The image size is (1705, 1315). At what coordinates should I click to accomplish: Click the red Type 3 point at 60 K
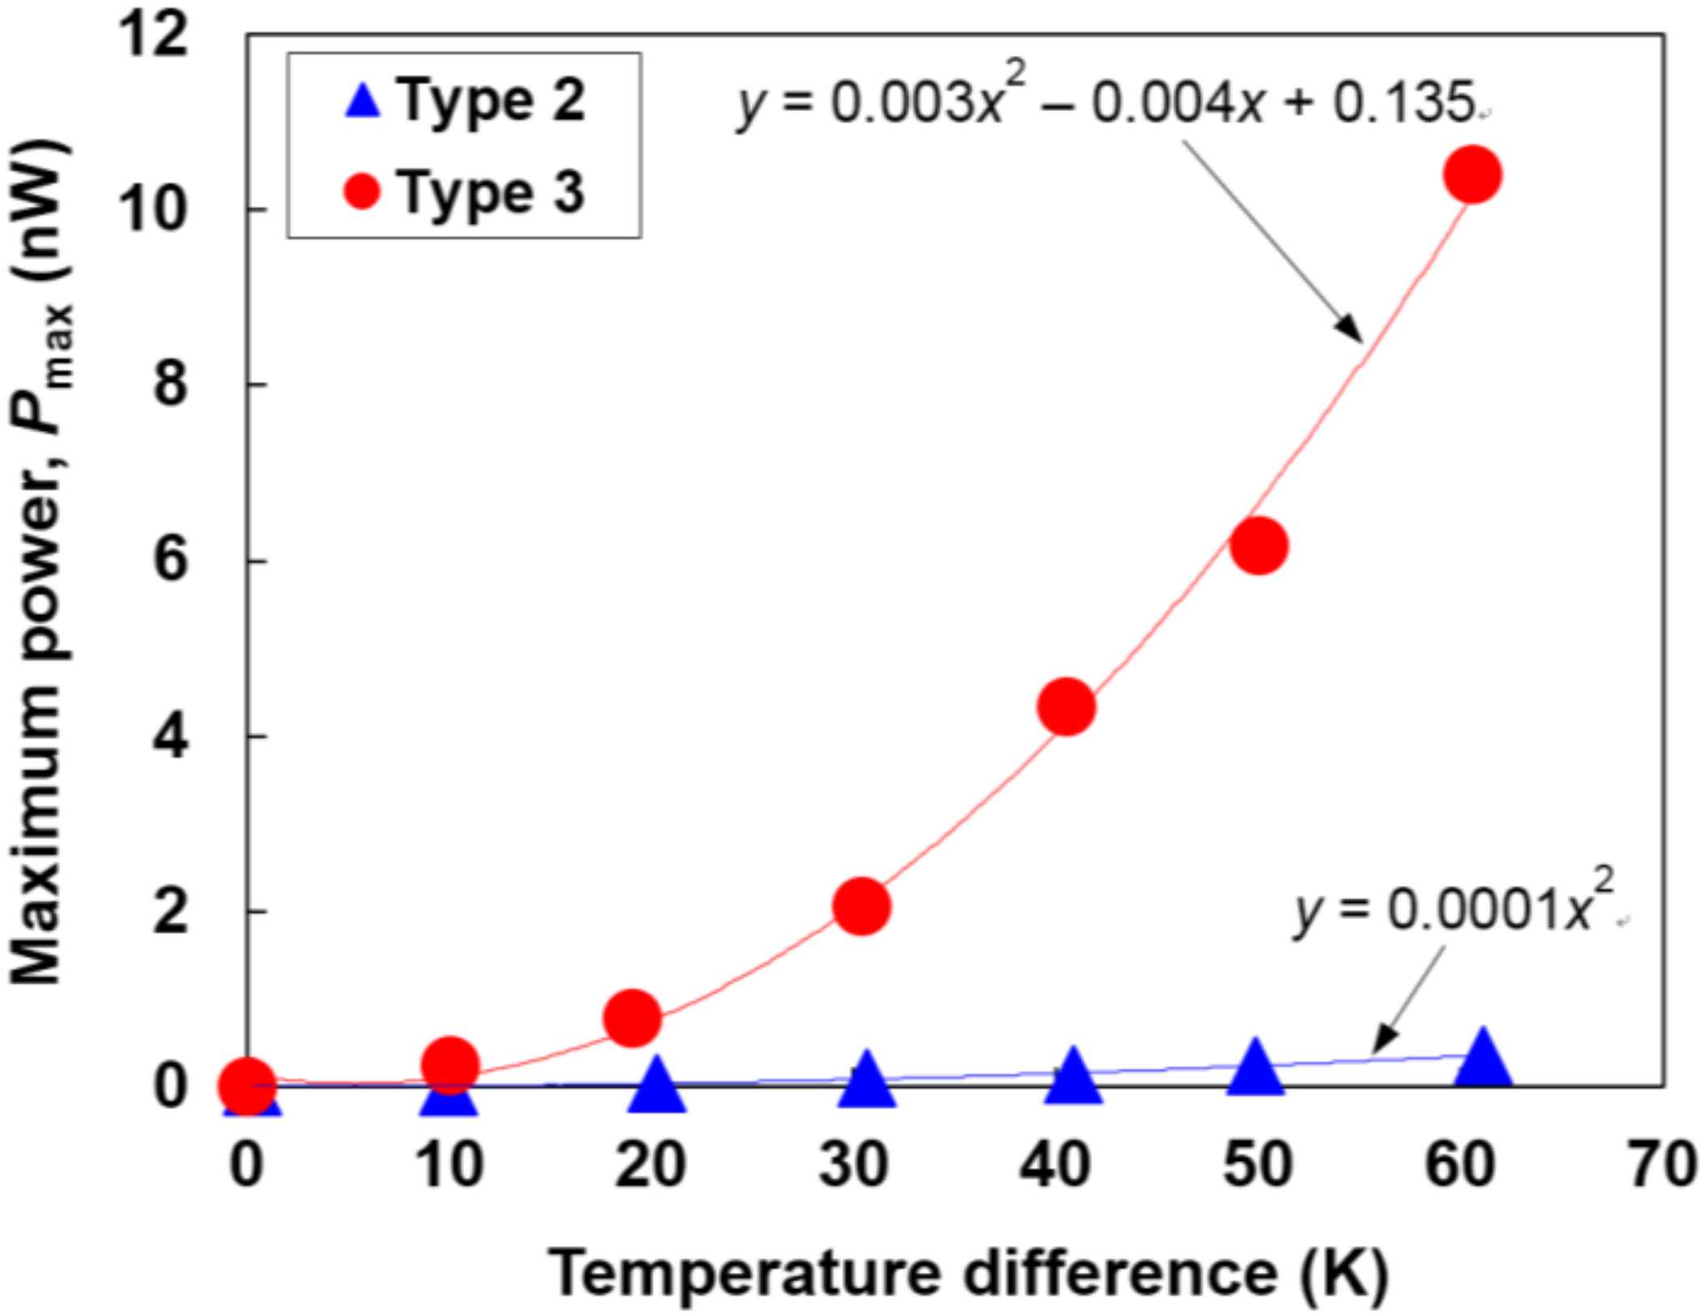(x=1472, y=174)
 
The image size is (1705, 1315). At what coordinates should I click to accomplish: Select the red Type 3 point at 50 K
(x=1258, y=546)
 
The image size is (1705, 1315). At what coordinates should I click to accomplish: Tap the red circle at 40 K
(x=1067, y=707)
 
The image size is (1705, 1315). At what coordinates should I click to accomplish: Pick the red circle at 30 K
(x=861, y=906)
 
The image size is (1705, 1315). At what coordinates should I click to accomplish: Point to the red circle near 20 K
(x=633, y=1018)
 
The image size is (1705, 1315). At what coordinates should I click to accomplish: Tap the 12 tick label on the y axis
(x=153, y=37)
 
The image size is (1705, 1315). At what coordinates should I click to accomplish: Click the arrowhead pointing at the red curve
(x=1350, y=329)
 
